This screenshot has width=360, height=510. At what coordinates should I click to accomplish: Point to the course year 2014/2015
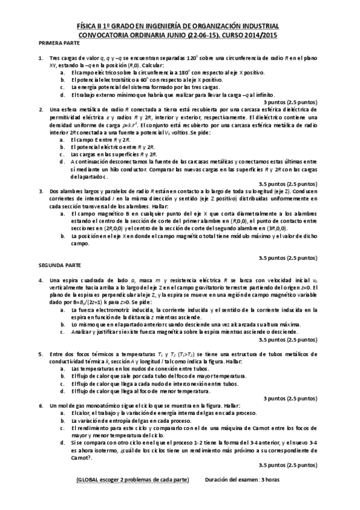tap(260, 35)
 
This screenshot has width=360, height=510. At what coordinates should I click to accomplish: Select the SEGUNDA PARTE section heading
tap(56, 265)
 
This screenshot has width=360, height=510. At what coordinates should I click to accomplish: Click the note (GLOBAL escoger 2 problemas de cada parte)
tap(132, 479)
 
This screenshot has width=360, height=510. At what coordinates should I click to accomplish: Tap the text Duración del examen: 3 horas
tap(242, 479)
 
